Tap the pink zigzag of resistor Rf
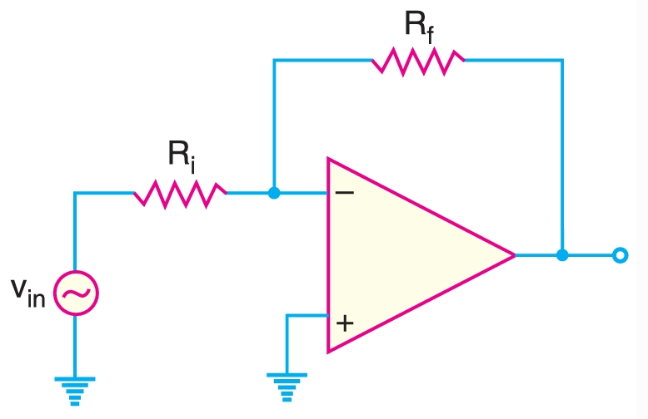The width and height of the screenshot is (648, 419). click(x=417, y=60)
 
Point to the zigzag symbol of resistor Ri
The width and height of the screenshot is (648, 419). click(x=180, y=193)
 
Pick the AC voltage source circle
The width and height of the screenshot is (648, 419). click(x=76, y=293)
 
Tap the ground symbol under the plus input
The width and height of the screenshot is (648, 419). click(x=287, y=386)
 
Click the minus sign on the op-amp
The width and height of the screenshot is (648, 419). click(x=344, y=193)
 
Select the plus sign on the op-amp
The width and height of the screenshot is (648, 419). click(x=345, y=323)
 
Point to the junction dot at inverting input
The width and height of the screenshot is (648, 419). click(x=274, y=193)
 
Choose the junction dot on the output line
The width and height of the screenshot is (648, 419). click(x=562, y=255)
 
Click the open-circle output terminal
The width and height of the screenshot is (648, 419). click(x=619, y=255)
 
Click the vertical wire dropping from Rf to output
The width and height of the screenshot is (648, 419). click(x=562, y=158)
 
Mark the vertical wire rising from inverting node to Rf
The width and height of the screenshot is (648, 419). click(x=274, y=125)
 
